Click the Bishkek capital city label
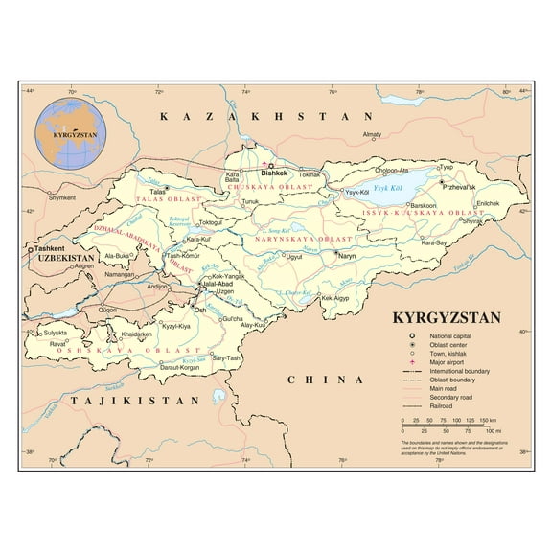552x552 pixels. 276,173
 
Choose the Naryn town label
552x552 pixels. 347,258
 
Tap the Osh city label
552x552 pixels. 200,310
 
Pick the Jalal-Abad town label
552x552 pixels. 216,285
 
